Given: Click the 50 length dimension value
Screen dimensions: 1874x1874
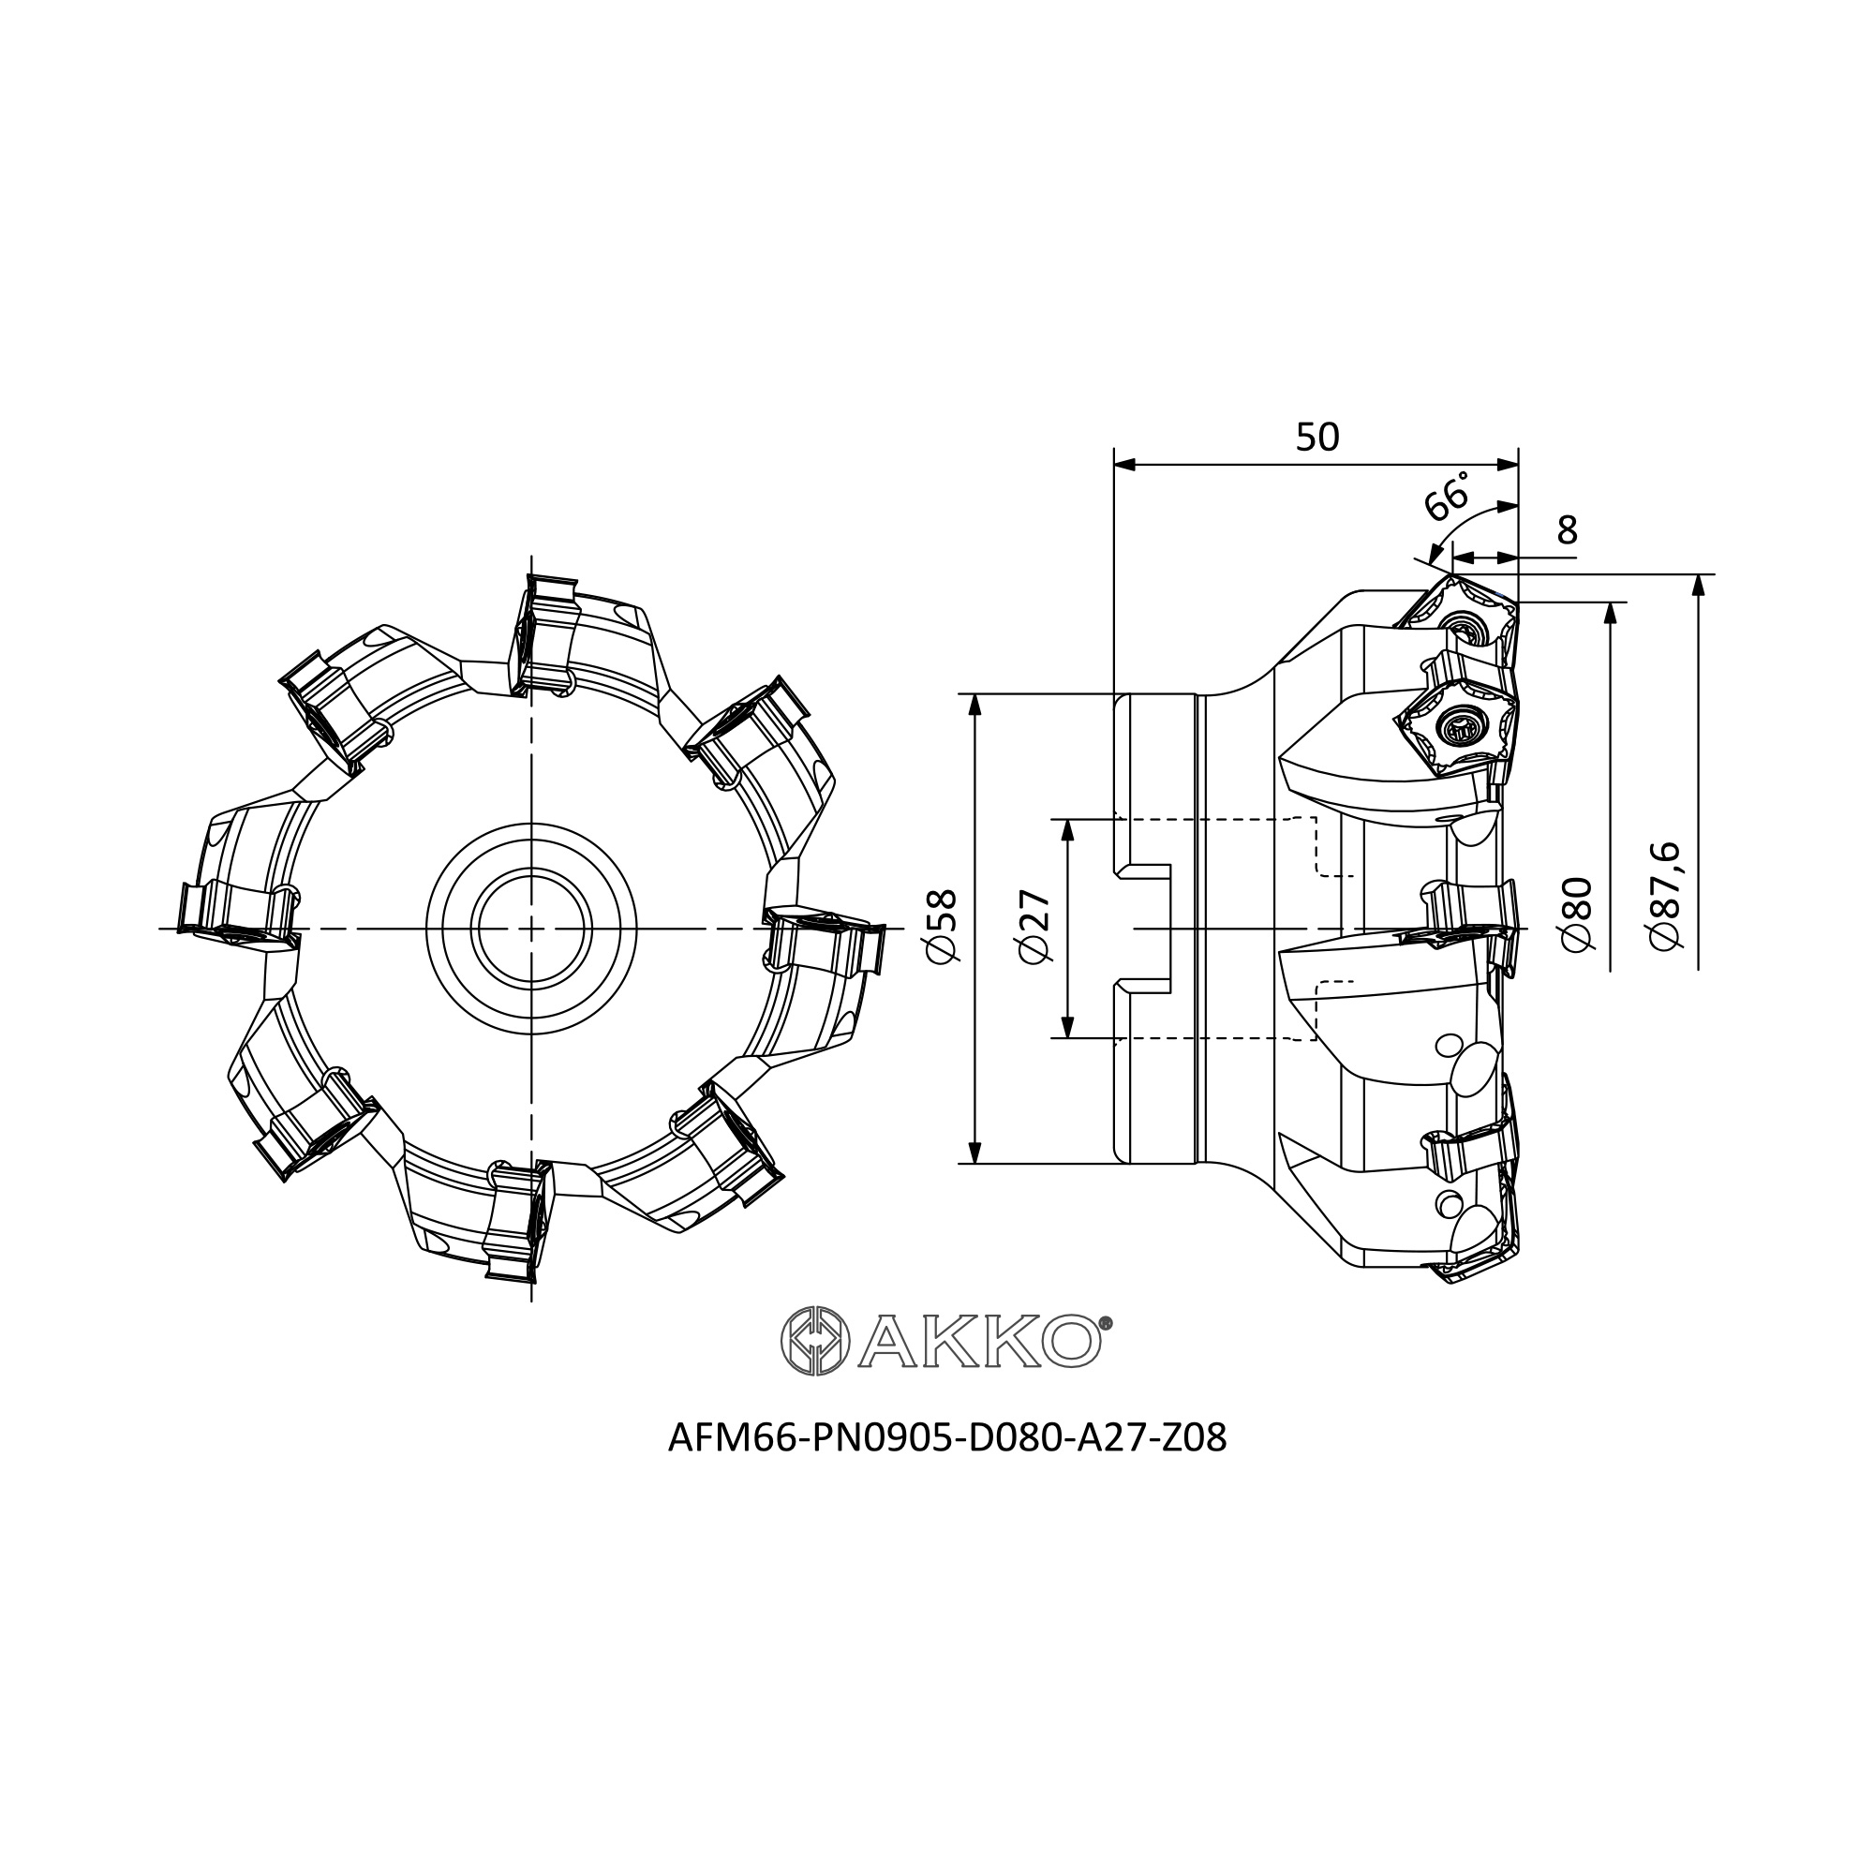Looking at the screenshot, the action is [1317, 438].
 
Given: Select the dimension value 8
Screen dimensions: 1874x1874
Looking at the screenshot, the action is [1567, 530].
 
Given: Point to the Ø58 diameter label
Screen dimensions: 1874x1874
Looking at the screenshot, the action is [942, 927].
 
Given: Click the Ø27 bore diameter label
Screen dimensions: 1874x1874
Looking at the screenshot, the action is [1035, 927].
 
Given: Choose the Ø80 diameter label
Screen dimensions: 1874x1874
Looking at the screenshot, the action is [1578, 914].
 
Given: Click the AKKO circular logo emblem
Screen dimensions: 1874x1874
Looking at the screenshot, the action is [815, 1341].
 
